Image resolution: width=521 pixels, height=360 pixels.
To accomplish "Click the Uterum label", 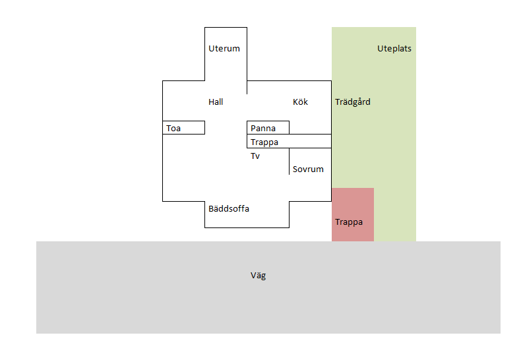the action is click(x=224, y=49).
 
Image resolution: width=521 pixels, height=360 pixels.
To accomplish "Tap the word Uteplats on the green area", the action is click(x=394, y=49).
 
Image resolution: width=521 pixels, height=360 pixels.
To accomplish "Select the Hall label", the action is click(x=216, y=102).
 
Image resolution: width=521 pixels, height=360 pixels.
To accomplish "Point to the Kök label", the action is click(x=300, y=102).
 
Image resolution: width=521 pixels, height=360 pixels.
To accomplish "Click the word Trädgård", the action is click(x=353, y=102).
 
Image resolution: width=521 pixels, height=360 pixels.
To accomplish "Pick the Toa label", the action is click(x=173, y=128).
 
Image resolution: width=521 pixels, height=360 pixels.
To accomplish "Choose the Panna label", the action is click(x=263, y=128).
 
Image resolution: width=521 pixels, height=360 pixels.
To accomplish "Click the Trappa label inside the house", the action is click(x=264, y=142).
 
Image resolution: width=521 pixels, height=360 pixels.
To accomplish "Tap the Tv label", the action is click(x=255, y=156).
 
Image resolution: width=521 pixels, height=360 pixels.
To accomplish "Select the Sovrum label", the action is click(x=308, y=169).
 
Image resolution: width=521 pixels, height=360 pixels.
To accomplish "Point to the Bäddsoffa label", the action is click(x=229, y=209).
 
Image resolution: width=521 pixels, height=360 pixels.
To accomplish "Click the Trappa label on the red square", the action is click(x=349, y=222).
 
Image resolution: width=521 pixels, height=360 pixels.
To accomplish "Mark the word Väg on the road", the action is click(x=258, y=276).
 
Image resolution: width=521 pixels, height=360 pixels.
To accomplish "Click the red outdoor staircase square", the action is click(x=353, y=214).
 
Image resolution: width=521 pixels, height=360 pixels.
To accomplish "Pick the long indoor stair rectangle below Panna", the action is click(x=289, y=134).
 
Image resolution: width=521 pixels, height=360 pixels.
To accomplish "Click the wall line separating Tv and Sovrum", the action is click(x=289, y=161).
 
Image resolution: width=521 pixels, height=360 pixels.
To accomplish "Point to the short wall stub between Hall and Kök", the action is click(x=247, y=87).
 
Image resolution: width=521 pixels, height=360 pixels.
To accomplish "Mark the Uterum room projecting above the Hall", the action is click(x=204, y=54).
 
